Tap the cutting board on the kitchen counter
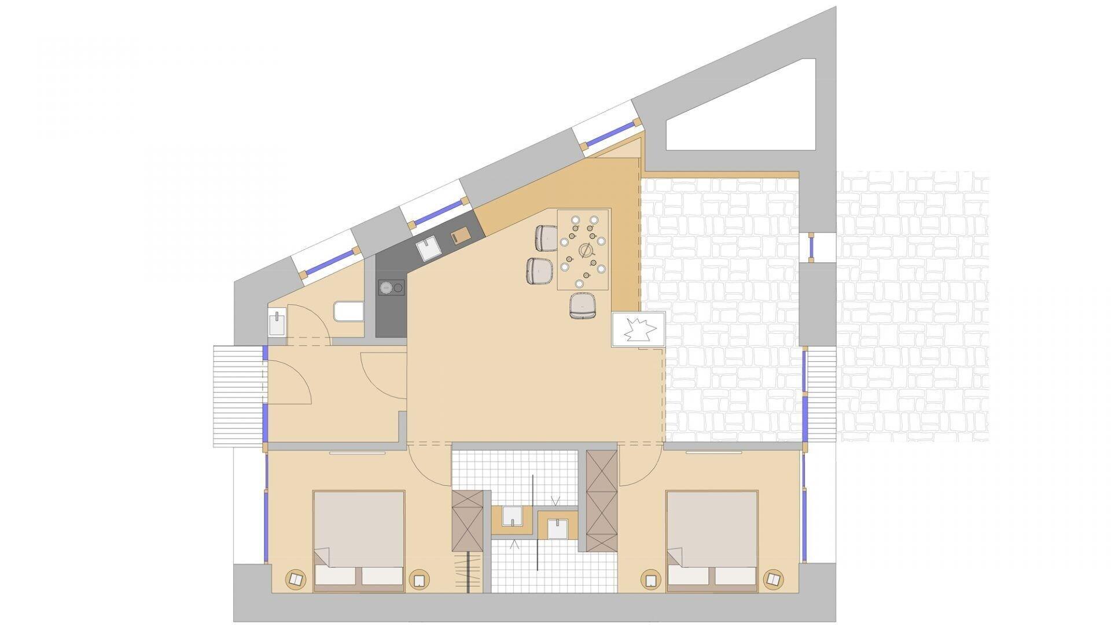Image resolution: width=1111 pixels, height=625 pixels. point(461,237)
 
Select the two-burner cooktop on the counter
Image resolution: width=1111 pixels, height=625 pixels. point(391,288)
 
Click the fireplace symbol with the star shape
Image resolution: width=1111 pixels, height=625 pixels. point(638,329)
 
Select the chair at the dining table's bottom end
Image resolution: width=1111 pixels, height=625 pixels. point(582,306)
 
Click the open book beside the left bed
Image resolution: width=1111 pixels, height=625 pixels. point(296,579)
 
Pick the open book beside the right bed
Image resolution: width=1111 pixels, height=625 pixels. point(772,579)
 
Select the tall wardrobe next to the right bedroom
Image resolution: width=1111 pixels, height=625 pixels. point(602,501)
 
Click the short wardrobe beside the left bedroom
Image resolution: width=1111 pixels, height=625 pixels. point(466,520)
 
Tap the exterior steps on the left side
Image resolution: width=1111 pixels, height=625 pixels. point(238,395)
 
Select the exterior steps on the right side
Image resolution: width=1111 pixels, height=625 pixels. point(821,395)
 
